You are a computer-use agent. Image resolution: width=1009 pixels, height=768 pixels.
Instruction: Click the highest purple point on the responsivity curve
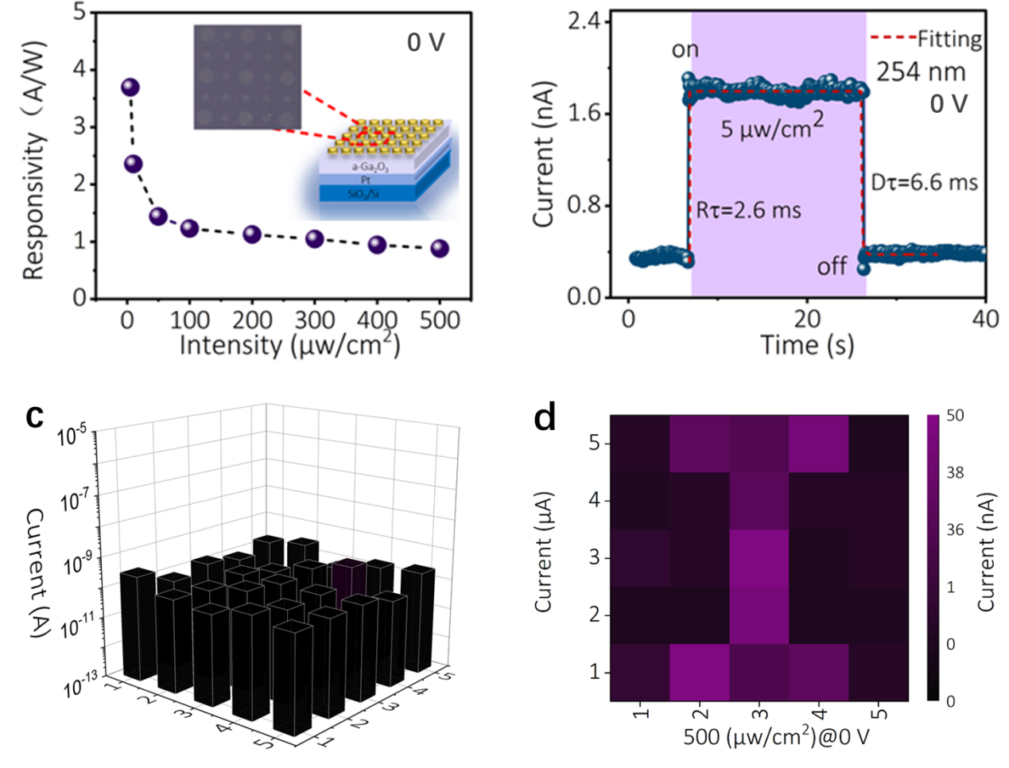click(130, 87)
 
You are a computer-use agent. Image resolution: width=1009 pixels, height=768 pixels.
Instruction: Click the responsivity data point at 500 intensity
click(440, 249)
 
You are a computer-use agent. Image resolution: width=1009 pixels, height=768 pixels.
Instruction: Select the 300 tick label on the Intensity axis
click(315, 320)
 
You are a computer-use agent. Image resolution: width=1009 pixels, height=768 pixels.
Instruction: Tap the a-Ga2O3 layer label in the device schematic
click(370, 169)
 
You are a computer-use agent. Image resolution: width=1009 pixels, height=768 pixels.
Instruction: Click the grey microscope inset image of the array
click(247, 77)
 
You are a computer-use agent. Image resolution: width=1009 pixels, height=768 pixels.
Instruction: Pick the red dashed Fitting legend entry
click(926, 38)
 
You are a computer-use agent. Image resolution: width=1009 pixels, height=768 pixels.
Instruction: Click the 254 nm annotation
click(921, 72)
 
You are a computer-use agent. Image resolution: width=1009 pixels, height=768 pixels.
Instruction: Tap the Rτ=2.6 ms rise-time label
click(748, 211)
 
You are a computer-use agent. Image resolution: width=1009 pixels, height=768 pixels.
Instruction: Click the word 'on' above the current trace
click(685, 50)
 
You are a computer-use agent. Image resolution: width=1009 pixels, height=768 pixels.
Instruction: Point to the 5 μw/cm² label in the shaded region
click(772, 127)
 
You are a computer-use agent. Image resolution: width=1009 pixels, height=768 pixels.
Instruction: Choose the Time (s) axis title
click(807, 345)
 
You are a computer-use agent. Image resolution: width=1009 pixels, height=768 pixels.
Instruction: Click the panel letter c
click(34, 415)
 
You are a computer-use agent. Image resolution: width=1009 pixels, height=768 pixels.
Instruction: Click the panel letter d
click(545, 417)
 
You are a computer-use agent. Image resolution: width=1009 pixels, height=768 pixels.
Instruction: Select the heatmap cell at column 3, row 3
click(759, 557)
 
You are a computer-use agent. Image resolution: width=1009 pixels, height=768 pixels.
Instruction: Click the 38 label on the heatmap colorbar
click(955, 473)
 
